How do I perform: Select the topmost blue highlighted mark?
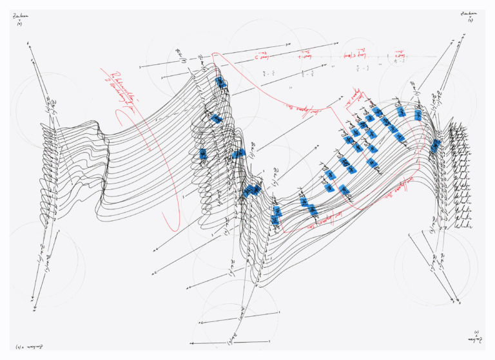click(220, 82)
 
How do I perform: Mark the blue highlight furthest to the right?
click(436, 146)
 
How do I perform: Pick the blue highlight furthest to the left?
click(203, 154)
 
